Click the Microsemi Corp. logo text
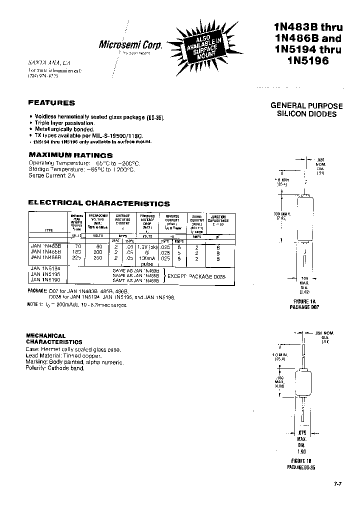pos(131,45)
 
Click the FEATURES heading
pos(51,103)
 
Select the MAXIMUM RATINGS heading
pos(70,155)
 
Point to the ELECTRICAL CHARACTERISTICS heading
pos(99,203)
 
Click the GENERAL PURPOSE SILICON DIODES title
pos(306,110)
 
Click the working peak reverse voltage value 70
pos(77,246)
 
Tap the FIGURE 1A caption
pos(303,302)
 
